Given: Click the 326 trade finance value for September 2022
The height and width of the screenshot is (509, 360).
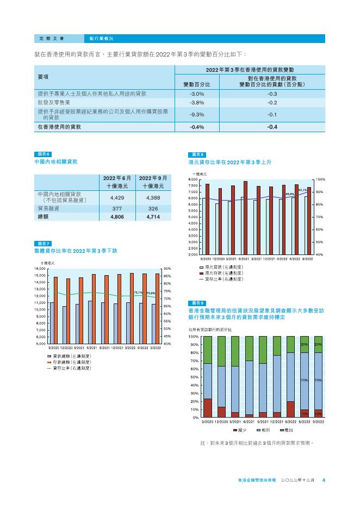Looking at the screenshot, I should (x=153, y=208).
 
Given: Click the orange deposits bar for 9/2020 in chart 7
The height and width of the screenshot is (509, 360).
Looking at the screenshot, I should (x=55, y=310).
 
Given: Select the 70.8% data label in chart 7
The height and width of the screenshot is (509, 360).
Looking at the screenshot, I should (x=151, y=293).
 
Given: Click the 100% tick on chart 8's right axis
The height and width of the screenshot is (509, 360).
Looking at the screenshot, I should (x=320, y=179).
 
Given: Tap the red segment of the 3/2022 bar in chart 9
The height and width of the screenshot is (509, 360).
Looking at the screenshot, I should (x=290, y=409).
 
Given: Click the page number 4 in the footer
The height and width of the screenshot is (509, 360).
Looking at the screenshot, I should (x=324, y=480).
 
